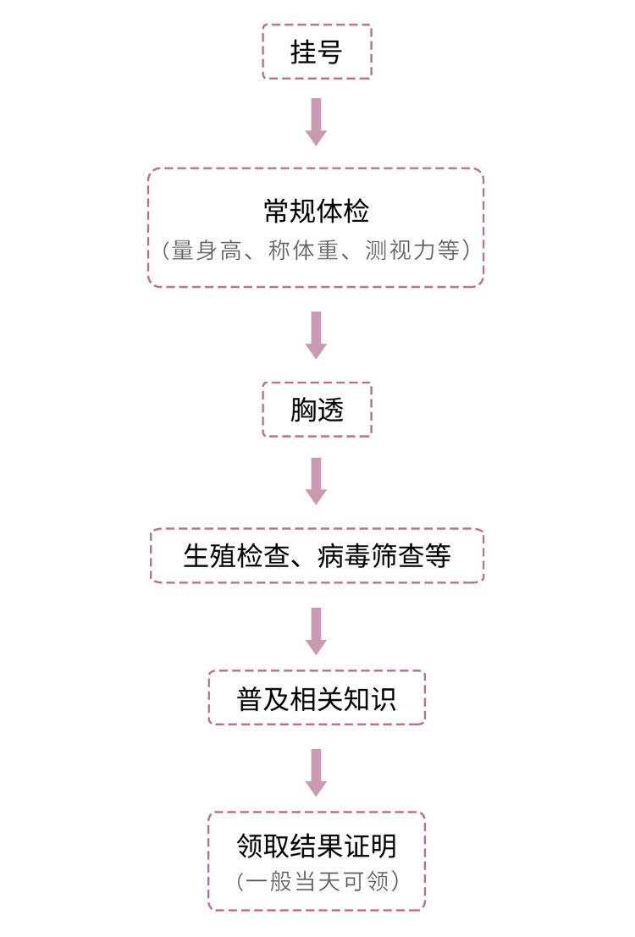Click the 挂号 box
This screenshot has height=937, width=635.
317,52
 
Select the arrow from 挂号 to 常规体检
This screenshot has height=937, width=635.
317,121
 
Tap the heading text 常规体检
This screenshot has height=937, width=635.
317,211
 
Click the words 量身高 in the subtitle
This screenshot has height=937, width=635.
206,251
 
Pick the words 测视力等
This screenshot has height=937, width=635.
412,251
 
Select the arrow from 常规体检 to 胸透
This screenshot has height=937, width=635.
317,334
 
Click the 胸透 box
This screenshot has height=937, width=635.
317,410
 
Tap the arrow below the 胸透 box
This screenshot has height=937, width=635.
317,481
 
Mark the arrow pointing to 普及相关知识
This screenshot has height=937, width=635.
317,631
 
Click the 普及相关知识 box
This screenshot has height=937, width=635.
317,699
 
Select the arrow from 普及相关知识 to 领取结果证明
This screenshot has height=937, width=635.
317,771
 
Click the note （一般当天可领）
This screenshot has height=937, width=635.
317,881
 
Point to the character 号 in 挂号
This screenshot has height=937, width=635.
330,52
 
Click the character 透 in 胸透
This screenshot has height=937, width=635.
330,411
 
